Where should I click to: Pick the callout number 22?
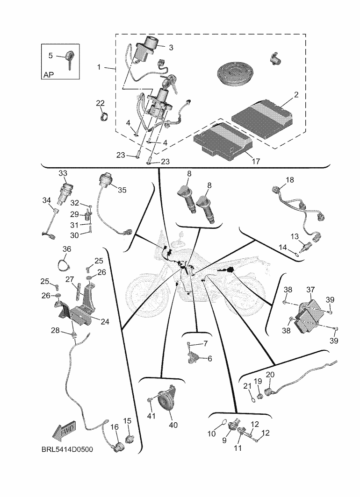100,103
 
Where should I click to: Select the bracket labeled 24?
84,308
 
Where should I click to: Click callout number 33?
63,173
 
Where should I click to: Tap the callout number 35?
122,190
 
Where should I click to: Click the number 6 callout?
209,359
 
